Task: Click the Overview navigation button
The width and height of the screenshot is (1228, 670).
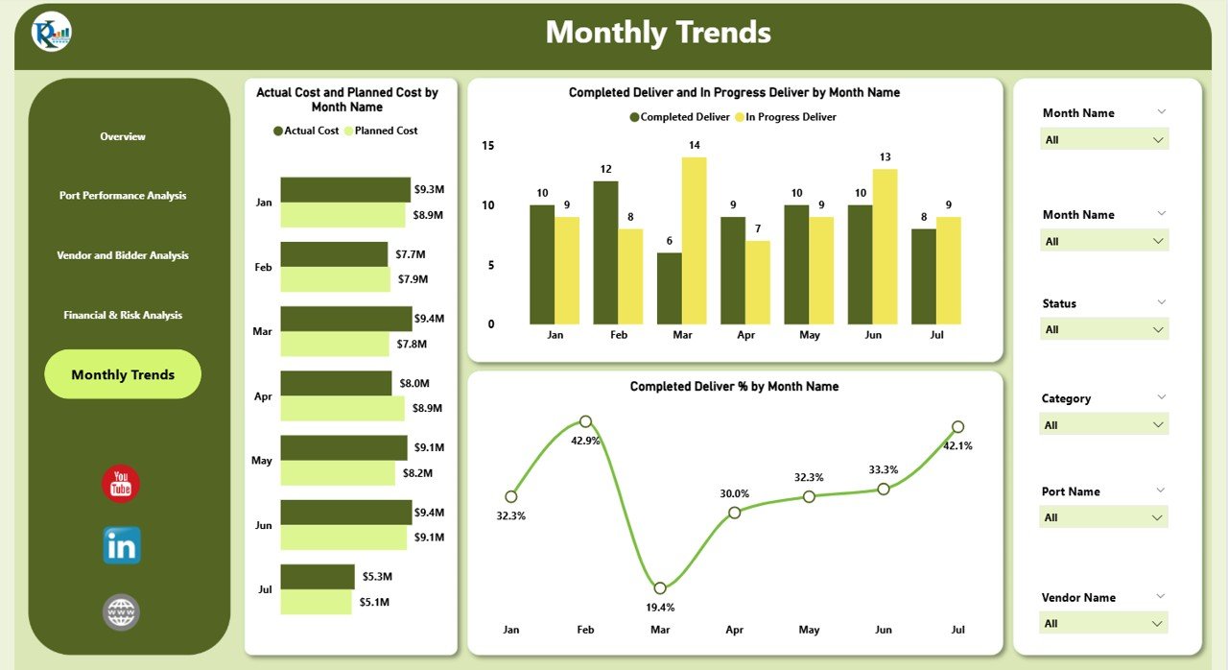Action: point(123,136)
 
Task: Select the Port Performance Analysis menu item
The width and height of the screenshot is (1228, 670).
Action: point(123,196)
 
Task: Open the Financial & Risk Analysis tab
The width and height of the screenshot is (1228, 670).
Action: point(123,315)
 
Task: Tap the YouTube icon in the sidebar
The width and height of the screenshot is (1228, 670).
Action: point(121,484)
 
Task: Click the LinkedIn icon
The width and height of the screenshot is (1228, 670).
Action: point(122,545)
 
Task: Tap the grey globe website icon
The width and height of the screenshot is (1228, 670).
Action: point(122,612)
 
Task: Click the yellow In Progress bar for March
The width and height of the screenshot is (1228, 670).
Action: point(694,241)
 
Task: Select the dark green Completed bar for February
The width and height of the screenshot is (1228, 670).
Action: point(605,252)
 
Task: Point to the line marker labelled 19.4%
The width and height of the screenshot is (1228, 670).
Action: point(660,588)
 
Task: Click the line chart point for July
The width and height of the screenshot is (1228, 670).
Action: point(957,427)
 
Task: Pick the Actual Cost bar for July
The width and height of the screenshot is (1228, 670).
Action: point(318,576)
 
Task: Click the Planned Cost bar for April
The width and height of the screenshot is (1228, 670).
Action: point(342,409)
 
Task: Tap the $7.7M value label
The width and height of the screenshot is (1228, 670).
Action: point(412,254)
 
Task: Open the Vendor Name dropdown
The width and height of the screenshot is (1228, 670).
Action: point(1104,624)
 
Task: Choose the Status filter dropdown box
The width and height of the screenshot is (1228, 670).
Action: point(1104,329)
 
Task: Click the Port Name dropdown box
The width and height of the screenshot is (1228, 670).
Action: point(1104,517)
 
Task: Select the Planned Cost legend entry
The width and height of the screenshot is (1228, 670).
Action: point(384,131)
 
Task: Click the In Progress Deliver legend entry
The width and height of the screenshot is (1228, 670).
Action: point(789,117)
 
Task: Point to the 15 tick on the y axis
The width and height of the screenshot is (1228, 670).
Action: point(487,146)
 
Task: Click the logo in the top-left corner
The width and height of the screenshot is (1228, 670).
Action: point(52,33)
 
